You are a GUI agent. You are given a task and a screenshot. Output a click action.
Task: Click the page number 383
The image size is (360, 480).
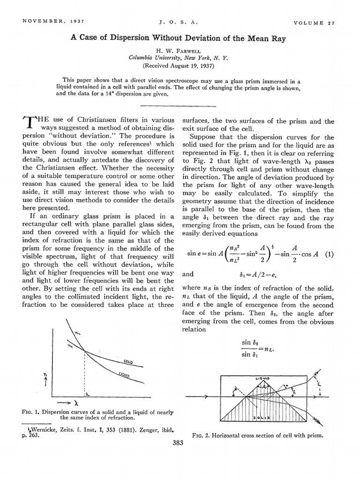tap(179, 443)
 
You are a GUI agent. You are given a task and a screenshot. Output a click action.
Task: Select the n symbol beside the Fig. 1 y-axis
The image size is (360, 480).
tap(45, 375)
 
